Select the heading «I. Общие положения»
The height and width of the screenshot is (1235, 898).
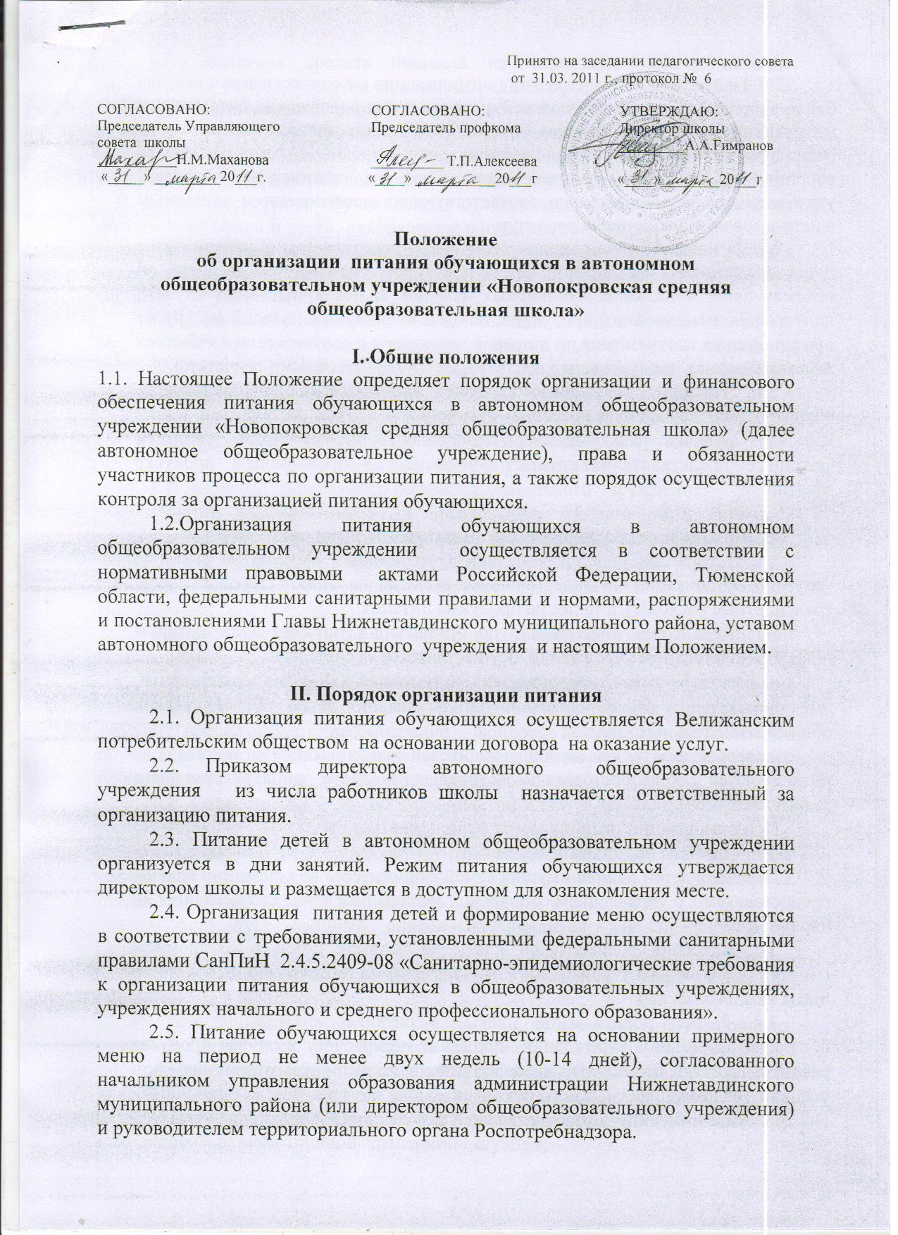(x=445, y=357)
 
